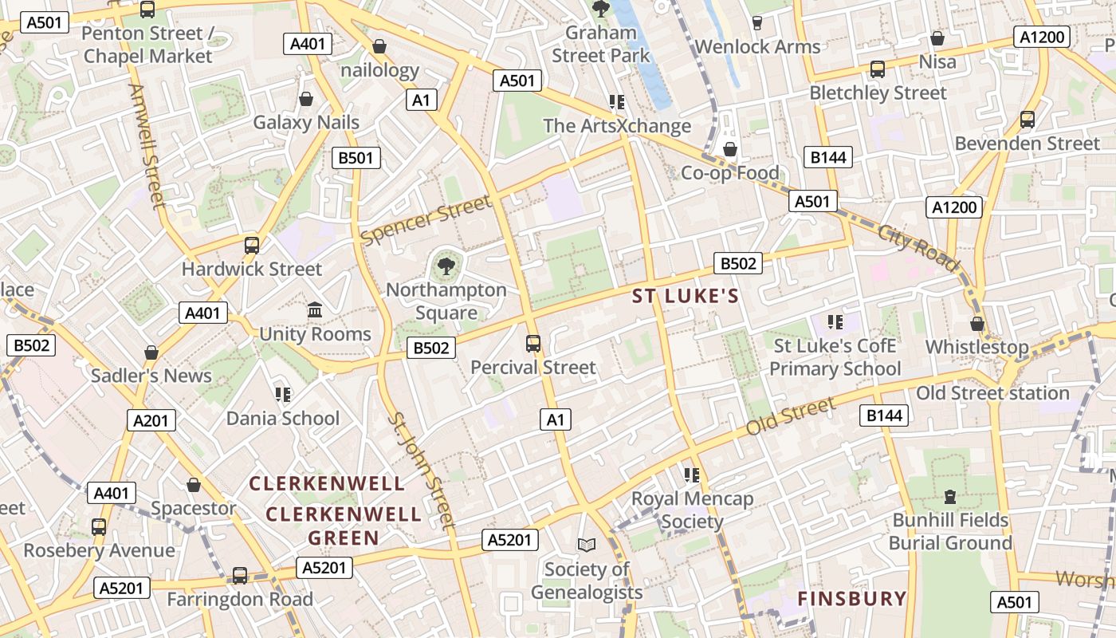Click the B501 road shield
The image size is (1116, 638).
(356, 158)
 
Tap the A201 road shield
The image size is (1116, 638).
(151, 420)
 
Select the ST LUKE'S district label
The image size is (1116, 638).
(686, 297)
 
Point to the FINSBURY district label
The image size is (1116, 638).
(852, 599)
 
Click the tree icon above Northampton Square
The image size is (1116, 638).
(446, 266)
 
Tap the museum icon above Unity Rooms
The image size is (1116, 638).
(315, 309)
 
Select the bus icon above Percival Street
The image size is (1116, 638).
(533, 344)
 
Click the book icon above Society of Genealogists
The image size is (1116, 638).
(587, 545)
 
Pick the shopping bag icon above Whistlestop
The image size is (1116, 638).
(976, 324)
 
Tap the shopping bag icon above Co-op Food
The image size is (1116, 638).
(729, 149)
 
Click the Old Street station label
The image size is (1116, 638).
(992, 393)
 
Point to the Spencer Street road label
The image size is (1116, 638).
(426, 219)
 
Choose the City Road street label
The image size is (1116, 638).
(918, 247)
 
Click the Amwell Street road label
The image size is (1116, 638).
(148, 147)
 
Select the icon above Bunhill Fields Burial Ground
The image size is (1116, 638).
(949, 497)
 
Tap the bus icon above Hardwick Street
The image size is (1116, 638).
(252, 245)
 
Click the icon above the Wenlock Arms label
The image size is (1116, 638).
(757, 23)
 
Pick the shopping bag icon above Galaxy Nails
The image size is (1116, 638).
(305, 99)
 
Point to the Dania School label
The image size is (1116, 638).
(282, 418)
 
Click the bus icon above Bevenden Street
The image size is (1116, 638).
(1028, 120)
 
